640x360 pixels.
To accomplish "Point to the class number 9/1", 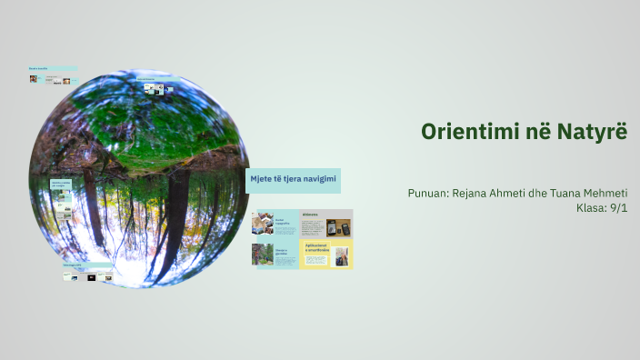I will pyautogui.click(x=617, y=208).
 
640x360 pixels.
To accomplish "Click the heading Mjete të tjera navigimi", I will pyautogui.click(x=294, y=180).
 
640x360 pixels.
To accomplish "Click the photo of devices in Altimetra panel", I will pyautogui.click(x=339, y=228).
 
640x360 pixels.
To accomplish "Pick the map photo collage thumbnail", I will pyautogui.click(x=263, y=224).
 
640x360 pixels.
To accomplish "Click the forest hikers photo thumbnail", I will pyautogui.click(x=262, y=255).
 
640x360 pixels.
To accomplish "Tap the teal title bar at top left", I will pyautogui.click(x=52, y=68).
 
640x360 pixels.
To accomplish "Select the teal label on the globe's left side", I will pyautogui.click(x=61, y=185).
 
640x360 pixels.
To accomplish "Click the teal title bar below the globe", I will pyautogui.click(x=86, y=265).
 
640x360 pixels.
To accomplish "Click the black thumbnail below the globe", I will pyautogui.click(x=91, y=277).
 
